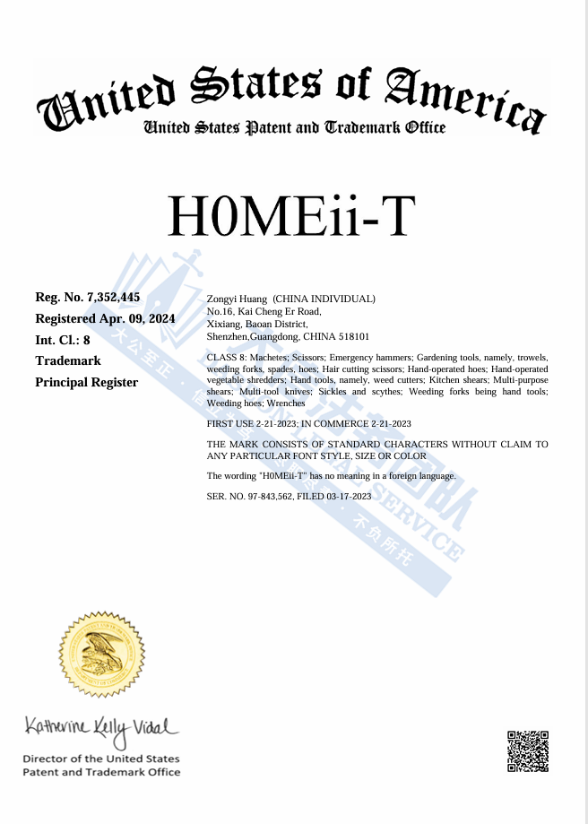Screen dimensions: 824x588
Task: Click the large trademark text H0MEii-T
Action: [x=292, y=216]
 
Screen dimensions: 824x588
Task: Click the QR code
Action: [x=528, y=751]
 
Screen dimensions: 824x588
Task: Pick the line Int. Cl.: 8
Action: [x=63, y=340]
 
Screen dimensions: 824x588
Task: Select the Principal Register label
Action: [x=86, y=383]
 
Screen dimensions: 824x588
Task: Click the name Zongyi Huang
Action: [x=237, y=299]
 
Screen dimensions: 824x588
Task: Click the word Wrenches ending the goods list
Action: [x=286, y=403]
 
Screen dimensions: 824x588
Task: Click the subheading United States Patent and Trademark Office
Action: [x=295, y=128]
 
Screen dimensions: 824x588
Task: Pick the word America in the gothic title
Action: [x=465, y=97]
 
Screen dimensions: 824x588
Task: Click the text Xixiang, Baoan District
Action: [x=257, y=324]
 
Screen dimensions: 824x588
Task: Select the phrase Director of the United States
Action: [x=100, y=759]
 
